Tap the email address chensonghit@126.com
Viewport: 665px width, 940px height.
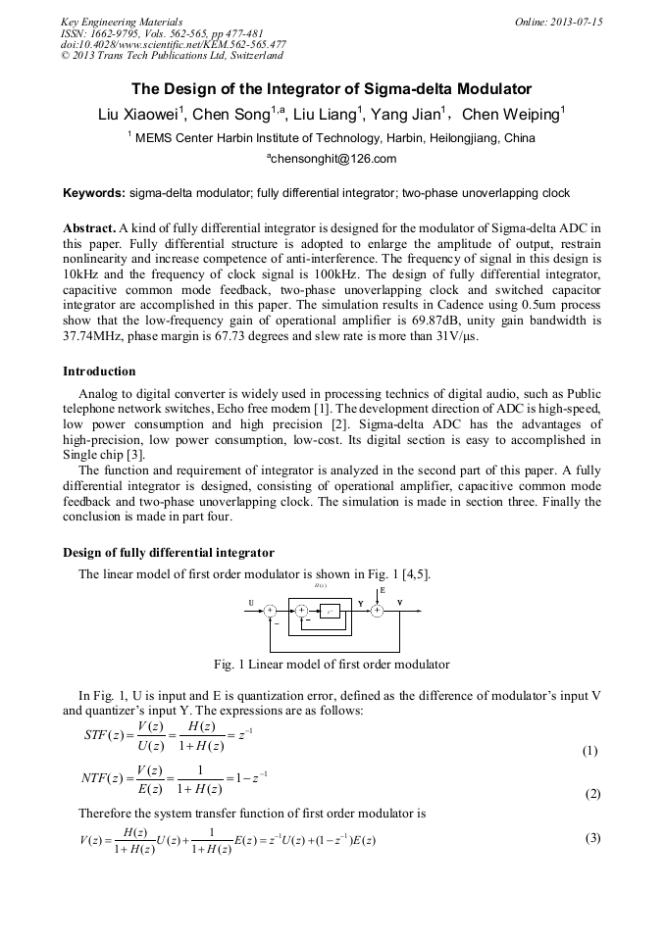point(332,159)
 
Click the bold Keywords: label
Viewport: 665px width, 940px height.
point(94,193)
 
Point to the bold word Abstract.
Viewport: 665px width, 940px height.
point(88,227)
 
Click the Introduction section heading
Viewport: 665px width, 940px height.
point(99,371)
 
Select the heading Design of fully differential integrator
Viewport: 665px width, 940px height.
point(169,553)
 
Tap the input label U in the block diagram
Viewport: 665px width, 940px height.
point(251,604)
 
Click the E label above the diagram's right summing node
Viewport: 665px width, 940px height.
point(382,593)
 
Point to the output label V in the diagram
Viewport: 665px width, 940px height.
point(399,603)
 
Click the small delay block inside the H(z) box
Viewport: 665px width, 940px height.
point(331,612)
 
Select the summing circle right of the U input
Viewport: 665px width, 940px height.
point(270,611)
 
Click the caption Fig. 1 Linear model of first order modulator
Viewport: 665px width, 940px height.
point(332,665)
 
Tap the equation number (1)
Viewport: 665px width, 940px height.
point(589,752)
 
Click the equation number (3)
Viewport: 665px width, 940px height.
point(592,838)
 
